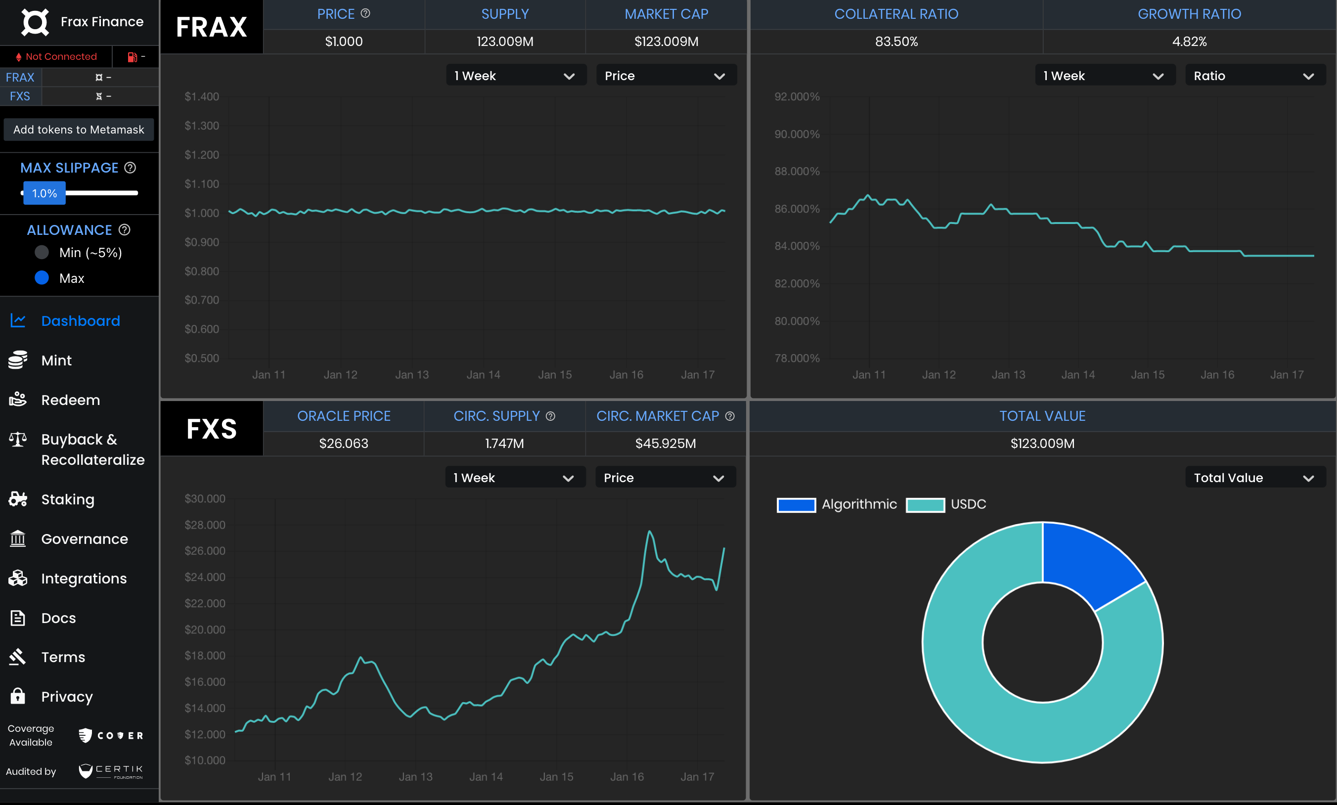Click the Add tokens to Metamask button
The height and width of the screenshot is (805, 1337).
(x=79, y=130)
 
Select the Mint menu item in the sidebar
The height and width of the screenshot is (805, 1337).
(x=56, y=360)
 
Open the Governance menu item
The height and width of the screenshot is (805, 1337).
(x=84, y=538)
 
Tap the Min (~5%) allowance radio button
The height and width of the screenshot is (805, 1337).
(x=42, y=252)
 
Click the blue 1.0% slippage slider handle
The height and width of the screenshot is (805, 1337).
(x=45, y=193)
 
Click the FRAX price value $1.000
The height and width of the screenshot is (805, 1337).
(x=343, y=41)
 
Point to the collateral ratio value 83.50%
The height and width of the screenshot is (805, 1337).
(x=896, y=41)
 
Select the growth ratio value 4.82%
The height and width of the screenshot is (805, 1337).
(x=1189, y=41)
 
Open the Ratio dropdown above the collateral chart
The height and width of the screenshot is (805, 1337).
(x=1254, y=75)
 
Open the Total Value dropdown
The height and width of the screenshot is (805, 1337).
(x=1254, y=477)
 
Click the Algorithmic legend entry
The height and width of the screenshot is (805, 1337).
(x=837, y=504)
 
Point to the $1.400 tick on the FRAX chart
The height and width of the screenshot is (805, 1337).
(x=202, y=96)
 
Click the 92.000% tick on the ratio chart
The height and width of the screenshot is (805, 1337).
(x=796, y=96)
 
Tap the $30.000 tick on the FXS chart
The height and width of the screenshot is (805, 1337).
(x=205, y=498)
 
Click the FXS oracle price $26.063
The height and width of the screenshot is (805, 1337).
(x=343, y=443)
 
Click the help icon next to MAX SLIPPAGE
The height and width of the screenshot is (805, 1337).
(x=130, y=168)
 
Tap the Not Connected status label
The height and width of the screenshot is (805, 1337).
(x=61, y=56)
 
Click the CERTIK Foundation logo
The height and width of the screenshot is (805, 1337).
(x=111, y=771)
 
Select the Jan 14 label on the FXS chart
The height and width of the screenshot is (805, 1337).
(x=486, y=777)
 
